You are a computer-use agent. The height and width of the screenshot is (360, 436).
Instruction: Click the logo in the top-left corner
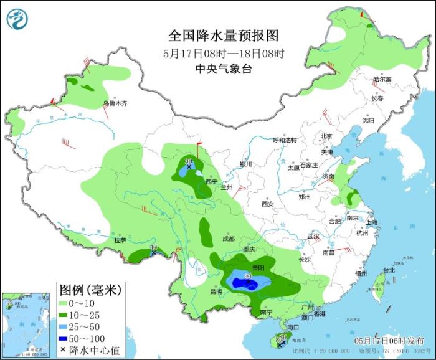coord(17,18)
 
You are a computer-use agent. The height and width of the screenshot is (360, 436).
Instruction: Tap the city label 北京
coord(326,136)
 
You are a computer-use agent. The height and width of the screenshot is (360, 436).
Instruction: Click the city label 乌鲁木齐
coord(115,103)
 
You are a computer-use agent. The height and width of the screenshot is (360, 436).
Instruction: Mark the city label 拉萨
coord(120,240)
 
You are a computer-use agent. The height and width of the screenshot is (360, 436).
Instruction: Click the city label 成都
coord(228,239)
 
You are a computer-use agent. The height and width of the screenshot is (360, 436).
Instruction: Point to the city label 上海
coord(372,222)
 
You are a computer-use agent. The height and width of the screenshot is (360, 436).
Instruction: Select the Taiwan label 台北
coord(389,270)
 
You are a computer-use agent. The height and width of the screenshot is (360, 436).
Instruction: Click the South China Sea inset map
coord(24,324)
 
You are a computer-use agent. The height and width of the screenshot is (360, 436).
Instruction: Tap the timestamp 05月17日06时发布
coord(389,341)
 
